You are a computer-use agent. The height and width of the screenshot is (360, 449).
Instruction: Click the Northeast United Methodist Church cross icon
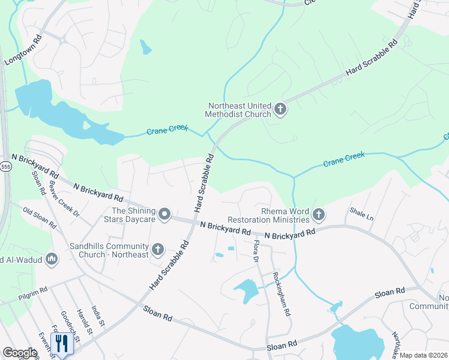click(280, 109)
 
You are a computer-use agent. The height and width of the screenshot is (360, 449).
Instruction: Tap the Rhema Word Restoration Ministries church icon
click(319, 214)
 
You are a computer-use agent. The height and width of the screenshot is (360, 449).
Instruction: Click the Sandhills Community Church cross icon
click(158, 249)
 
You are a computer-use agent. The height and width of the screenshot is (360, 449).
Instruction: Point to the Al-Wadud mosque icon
click(52, 259)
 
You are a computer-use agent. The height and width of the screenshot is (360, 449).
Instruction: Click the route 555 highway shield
click(5, 166)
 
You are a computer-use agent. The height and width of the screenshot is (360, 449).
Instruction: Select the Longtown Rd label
click(23, 50)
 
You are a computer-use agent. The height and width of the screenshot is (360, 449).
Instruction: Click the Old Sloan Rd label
click(40, 219)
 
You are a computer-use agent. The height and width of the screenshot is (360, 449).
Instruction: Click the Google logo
click(20, 353)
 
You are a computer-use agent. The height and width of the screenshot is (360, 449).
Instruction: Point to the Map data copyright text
click(423, 355)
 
